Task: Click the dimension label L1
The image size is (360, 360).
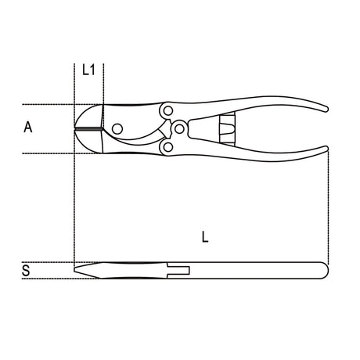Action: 88,70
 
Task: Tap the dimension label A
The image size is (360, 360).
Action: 28,127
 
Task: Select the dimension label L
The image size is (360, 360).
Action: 205,237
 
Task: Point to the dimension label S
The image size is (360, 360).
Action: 26,271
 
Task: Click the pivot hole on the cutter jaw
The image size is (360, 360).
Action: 117,128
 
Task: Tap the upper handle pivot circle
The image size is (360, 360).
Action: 168,111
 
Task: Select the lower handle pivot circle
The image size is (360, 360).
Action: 168,147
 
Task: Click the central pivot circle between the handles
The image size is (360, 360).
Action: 179,129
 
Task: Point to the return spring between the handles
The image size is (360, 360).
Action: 227,129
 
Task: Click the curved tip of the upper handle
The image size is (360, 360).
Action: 324,109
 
